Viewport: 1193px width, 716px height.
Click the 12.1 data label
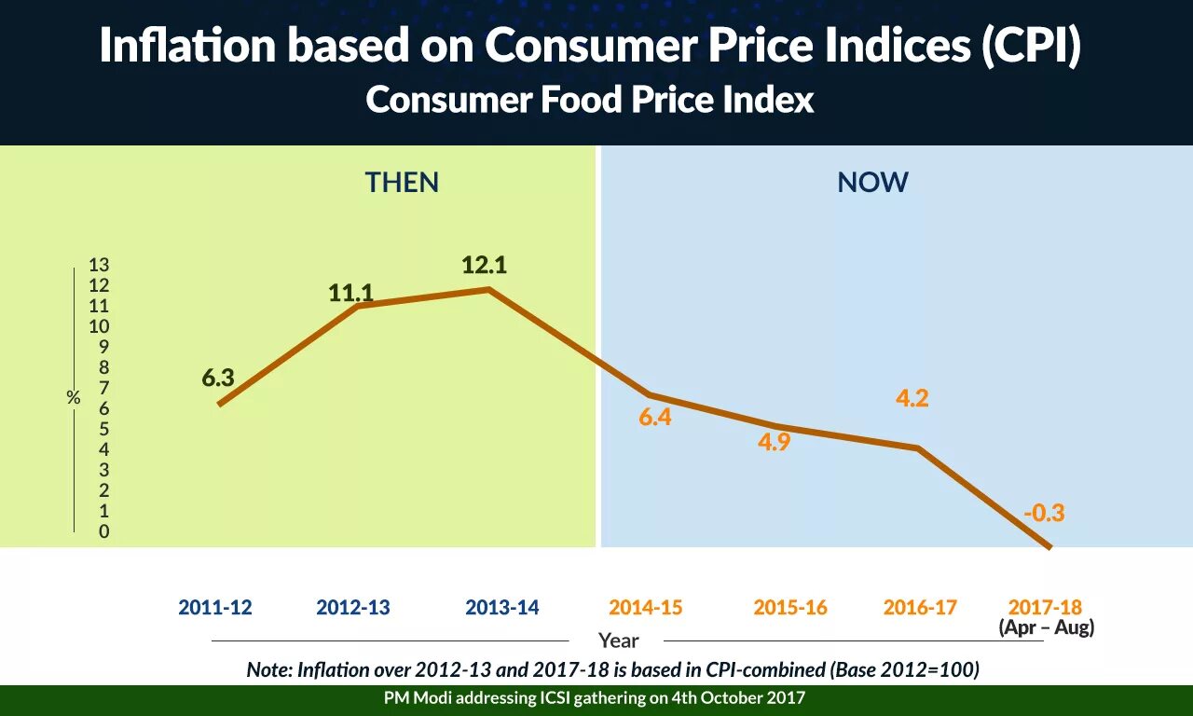(484, 266)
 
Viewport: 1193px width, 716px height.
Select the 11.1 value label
(350, 294)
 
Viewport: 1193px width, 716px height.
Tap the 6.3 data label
(217, 378)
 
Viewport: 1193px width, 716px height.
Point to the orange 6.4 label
(655, 418)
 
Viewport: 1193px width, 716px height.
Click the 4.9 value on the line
(774, 443)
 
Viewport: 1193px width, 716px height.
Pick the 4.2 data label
(912, 398)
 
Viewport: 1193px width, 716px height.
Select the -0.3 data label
(1043, 513)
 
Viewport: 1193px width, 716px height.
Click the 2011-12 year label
(215, 608)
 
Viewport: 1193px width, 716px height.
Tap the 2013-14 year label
(502, 608)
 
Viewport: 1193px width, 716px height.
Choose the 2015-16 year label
(790, 608)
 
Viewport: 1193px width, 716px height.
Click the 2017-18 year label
(1046, 608)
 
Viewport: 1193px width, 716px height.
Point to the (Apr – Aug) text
(1046, 627)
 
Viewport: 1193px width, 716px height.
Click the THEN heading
(402, 183)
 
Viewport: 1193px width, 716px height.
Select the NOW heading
(872, 183)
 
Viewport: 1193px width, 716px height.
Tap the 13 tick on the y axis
(99, 265)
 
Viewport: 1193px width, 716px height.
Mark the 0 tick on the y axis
(103, 531)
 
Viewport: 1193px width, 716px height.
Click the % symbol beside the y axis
(74, 398)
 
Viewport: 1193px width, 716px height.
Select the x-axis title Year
(619, 640)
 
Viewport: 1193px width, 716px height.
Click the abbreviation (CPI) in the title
(1030, 47)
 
